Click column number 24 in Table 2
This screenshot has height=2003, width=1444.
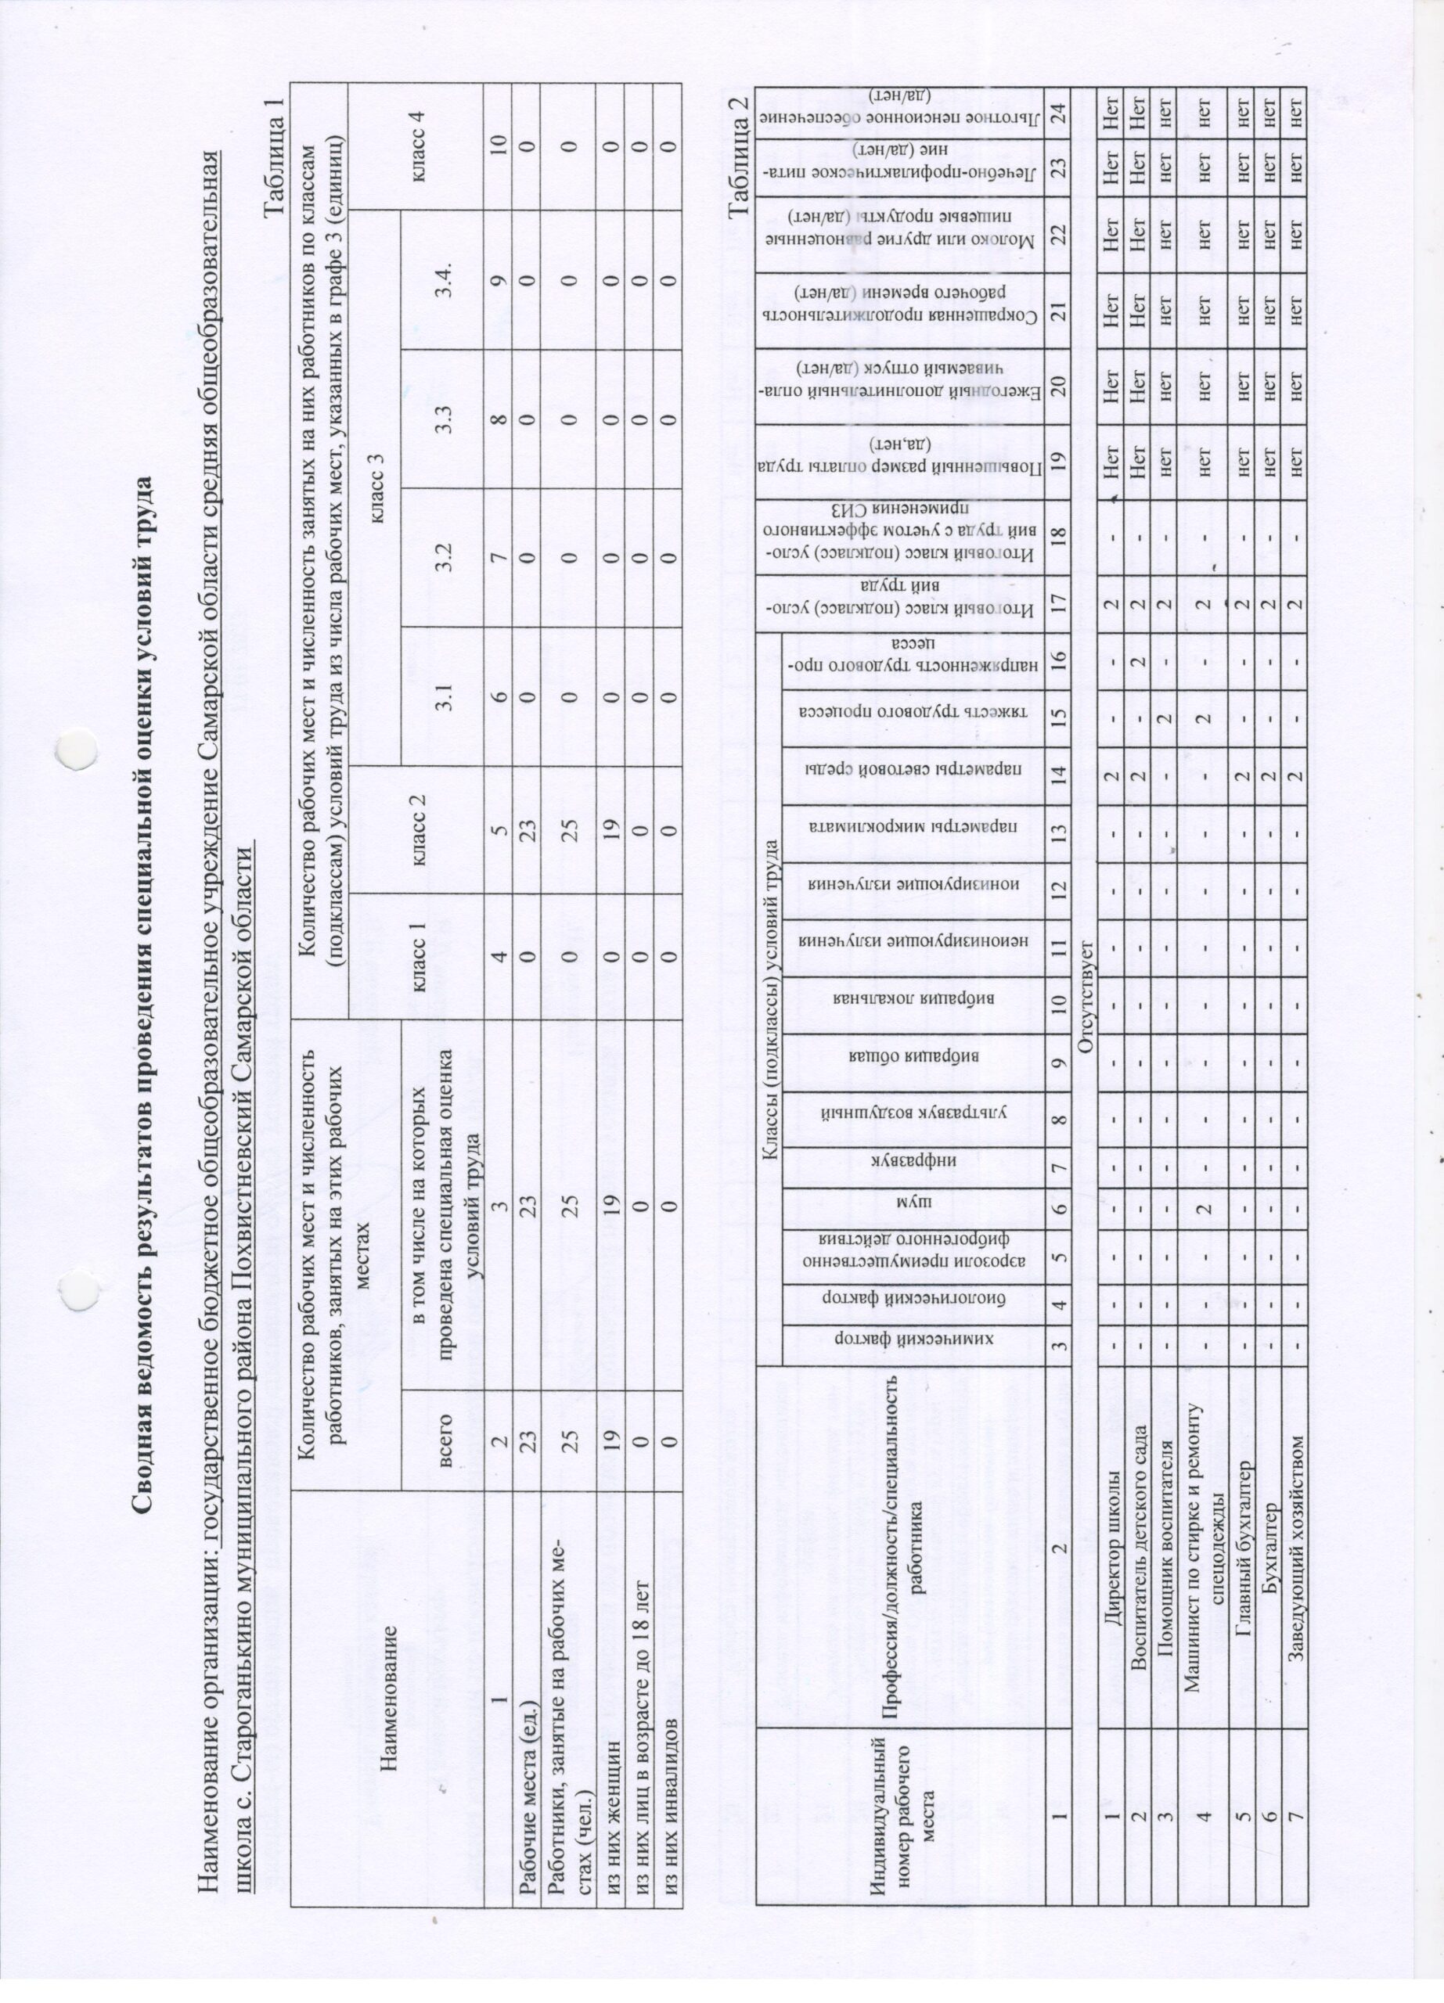[1057, 116]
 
